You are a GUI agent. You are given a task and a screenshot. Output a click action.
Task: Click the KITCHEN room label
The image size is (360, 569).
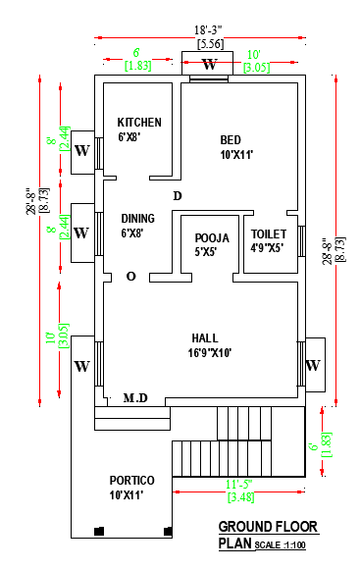(x=139, y=123)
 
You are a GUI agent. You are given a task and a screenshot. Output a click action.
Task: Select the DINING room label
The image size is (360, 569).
(x=137, y=218)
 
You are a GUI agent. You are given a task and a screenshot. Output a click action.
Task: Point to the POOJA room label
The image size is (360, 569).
(x=211, y=238)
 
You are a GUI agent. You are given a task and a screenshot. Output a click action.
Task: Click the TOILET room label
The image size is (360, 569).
(x=268, y=234)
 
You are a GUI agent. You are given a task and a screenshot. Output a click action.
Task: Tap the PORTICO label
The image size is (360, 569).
(x=132, y=480)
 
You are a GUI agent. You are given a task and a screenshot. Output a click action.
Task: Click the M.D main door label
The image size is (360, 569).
(x=135, y=398)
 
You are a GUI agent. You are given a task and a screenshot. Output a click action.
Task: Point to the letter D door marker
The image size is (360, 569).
(x=178, y=197)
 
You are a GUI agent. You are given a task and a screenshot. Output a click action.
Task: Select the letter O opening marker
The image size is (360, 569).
(x=130, y=277)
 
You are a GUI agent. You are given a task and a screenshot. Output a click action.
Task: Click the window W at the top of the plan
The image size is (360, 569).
(x=209, y=66)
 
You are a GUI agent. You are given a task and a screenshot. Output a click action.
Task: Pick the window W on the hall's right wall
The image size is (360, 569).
(x=313, y=365)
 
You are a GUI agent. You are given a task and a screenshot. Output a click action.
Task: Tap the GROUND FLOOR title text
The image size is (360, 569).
(x=263, y=527)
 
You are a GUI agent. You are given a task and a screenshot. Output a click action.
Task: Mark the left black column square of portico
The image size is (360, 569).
(x=98, y=532)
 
